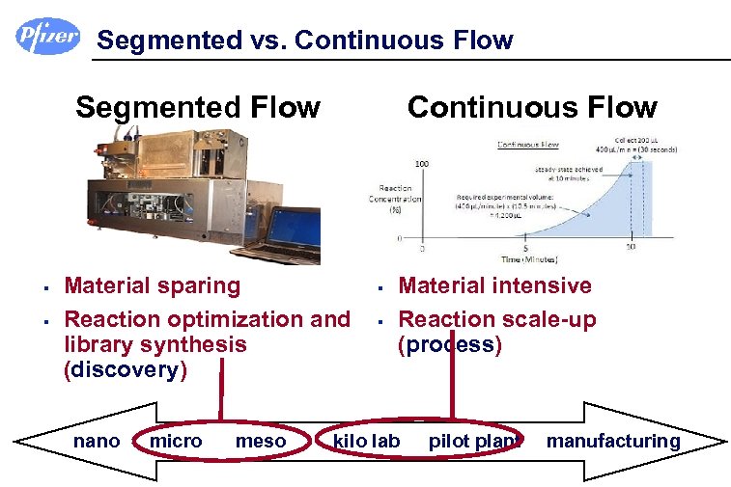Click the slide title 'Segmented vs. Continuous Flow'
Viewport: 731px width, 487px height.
point(305,41)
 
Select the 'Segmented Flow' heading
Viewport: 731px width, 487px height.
point(198,107)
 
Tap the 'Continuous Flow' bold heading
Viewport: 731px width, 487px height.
point(532,107)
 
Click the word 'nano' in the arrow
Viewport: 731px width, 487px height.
point(97,442)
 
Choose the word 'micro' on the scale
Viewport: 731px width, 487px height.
point(176,442)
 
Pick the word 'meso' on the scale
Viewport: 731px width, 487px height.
point(261,442)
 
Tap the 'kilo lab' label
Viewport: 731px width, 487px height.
point(366,442)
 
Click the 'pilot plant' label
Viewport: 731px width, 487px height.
point(475,442)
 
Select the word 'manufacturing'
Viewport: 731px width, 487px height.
point(613,442)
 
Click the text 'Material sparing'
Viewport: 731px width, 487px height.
point(152,285)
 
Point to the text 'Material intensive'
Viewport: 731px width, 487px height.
point(494,285)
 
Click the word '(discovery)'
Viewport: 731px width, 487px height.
point(126,370)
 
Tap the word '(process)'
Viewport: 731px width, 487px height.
point(450,345)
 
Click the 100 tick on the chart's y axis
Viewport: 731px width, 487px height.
point(422,164)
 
